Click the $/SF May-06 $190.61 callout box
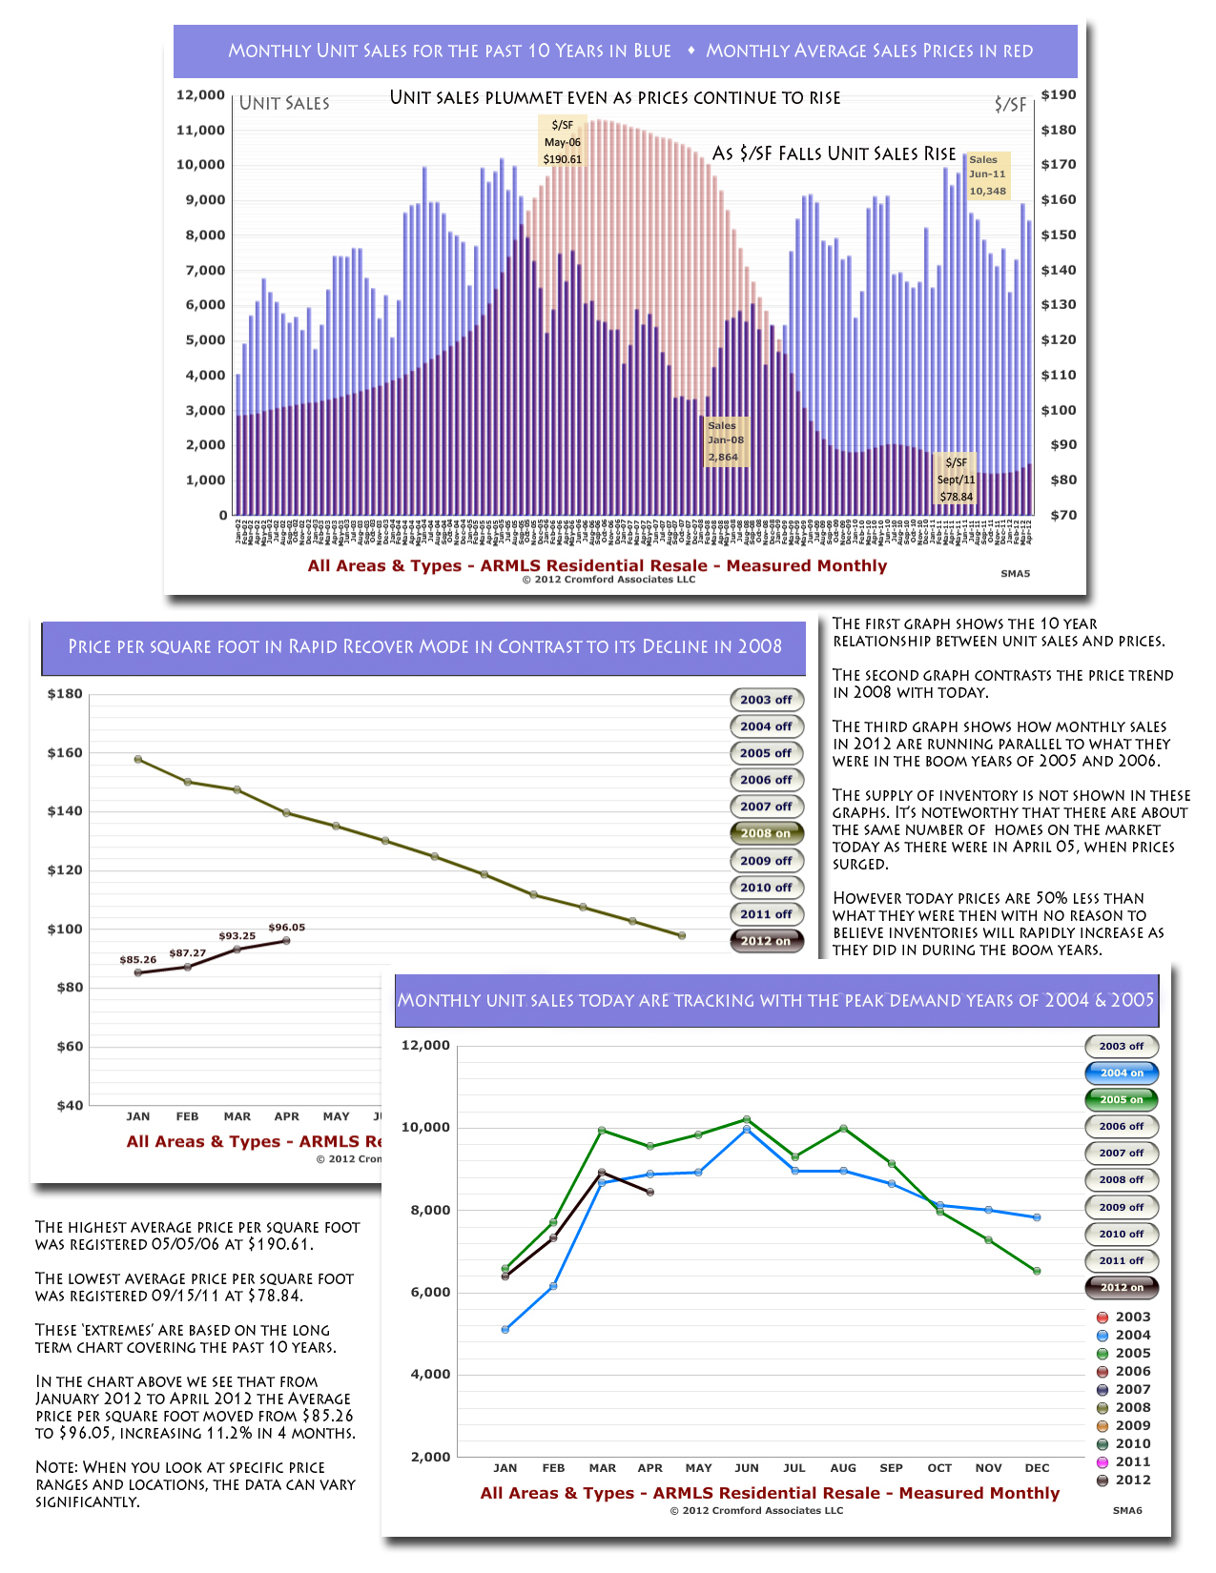(x=562, y=142)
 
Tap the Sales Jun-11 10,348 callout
(x=987, y=175)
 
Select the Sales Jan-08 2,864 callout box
(x=725, y=441)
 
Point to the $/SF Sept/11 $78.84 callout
(x=956, y=480)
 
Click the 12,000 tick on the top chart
(x=200, y=95)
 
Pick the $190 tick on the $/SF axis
(x=1059, y=95)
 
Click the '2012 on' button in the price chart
(x=766, y=941)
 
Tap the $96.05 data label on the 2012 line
(x=287, y=928)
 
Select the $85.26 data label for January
(x=138, y=960)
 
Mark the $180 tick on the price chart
(x=65, y=694)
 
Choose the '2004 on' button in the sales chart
(x=1122, y=1072)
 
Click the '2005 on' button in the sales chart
(x=1122, y=1099)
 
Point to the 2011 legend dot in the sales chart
(x=1103, y=1462)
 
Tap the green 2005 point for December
(x=1037, y=1271)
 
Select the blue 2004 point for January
(x=505, y=1329)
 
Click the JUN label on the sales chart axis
(x=747, y=1468)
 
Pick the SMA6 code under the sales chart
(x=1127, y=1511)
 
